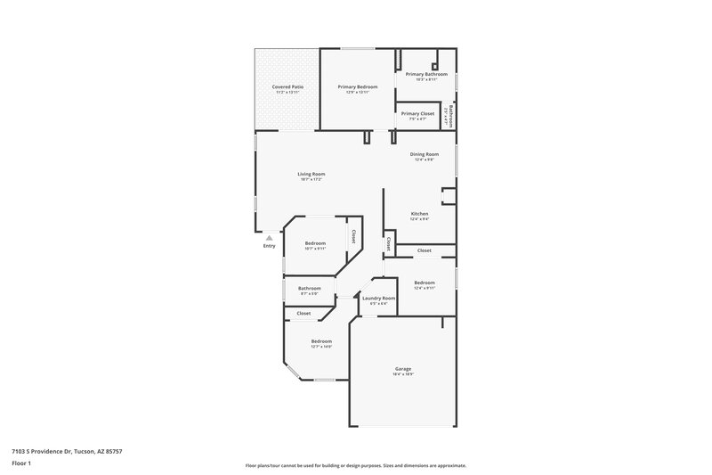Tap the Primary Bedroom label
[358, 86]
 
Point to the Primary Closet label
[417, 113]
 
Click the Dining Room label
[425, 154]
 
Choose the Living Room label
[311, 174]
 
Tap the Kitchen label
[420, 214]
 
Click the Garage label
[403, 369]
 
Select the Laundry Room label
[379, 299]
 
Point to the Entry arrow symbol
[270, 237]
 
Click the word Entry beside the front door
[270, 247]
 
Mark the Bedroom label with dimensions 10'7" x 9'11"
[315, 243]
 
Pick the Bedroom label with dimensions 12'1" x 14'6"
[321, 341]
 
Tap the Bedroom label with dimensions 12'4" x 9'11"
[425, 283]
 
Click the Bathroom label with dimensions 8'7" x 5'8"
[310, 288]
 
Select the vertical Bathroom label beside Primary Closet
[451, 118]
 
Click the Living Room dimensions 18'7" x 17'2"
[311, 180]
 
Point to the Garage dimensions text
[403, 375]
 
